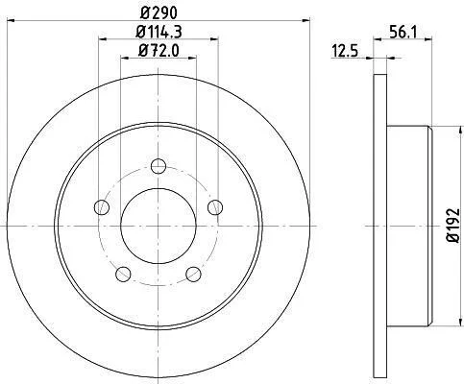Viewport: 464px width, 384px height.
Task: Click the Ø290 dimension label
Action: pyautogui.click(x=159, y=12)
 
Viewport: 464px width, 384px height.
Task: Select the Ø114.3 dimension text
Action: pyautogui.click(x=159, y=32)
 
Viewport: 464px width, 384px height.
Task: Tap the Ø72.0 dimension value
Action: pyautogui.click(x=159, y=51)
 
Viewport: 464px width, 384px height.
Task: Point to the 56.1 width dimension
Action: pyautogui.click(x=403, y=32)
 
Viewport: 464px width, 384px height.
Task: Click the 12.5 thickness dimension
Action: pyautogui.click(x=345, y=51)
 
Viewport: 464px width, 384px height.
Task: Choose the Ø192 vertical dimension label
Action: pyautogui.click(x=453, y=226)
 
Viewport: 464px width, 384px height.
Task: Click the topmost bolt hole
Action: pyautogui.click(x=159, y=166)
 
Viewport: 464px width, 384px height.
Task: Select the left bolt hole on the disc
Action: pyautogui.click(x=102, y=207)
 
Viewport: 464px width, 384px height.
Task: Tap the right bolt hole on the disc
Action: pyautogui.click(x=215, y=207)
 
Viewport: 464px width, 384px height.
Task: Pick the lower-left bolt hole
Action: pyautogui.click(x=123, y=274)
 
